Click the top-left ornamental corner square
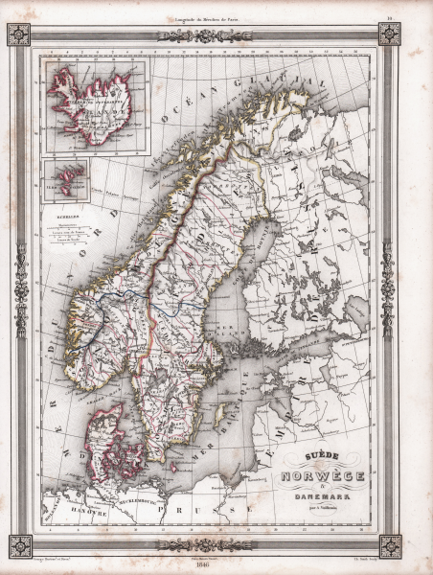19,34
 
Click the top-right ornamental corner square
389,34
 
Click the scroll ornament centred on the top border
204,35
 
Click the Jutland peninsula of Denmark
105,437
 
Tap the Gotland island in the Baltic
219,413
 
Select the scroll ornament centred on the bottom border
204,545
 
